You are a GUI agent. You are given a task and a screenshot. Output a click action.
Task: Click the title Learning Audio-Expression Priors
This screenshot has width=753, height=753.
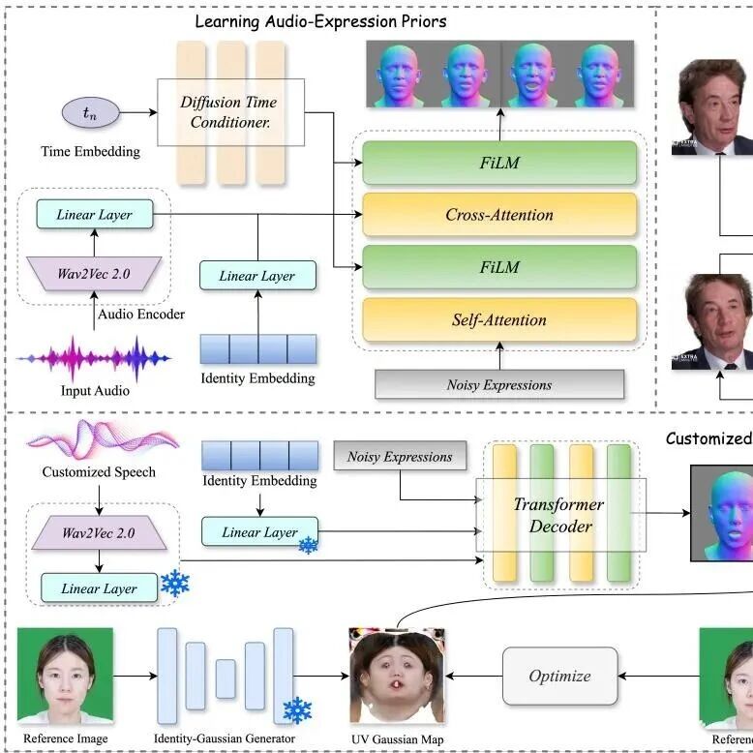point(320,20)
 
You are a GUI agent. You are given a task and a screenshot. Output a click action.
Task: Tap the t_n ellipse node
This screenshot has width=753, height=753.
point(90,113)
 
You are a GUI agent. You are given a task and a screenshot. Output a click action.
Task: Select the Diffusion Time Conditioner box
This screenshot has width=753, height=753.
point(230,112)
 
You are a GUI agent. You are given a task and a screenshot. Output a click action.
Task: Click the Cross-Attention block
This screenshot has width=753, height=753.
point(498,215)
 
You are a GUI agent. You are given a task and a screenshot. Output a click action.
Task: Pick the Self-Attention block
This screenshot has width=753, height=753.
point(498,319)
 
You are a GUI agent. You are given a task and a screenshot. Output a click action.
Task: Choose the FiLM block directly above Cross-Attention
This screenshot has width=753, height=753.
point(498,163)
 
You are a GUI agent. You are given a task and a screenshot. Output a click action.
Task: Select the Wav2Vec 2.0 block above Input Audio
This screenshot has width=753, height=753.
point(94,273)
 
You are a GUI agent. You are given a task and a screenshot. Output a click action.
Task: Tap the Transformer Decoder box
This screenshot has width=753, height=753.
point(558,516)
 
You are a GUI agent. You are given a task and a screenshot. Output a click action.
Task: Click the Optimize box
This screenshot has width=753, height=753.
point(559,676)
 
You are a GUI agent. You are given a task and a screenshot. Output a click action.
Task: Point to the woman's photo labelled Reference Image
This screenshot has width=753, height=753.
point(64,676)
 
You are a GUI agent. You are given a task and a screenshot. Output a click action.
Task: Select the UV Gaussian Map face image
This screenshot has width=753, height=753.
point(396,676)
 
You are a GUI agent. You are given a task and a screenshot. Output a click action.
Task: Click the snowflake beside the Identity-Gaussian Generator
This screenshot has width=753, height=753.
point(296,711)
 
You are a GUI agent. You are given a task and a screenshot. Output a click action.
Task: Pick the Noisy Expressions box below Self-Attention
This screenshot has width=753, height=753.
point(498,384)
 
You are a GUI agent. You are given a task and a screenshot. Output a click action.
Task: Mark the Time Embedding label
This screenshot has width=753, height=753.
point(90,151)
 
